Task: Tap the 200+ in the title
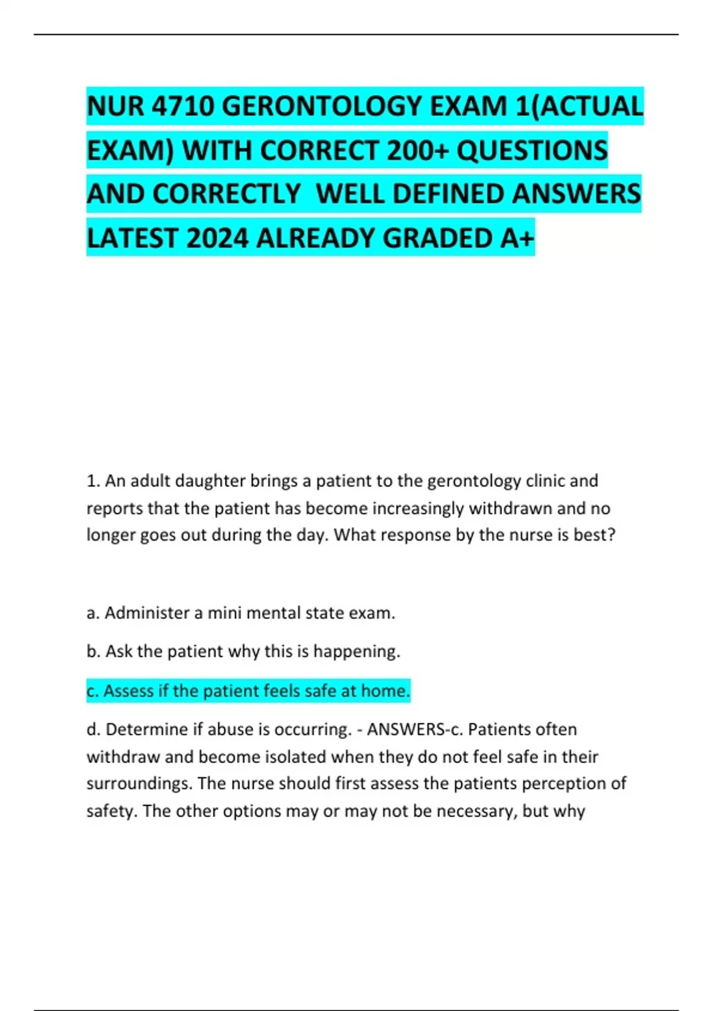[x=417, y=150]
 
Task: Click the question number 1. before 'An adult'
[x=93, y=481]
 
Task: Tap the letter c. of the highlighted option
[x=93, y=691]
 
